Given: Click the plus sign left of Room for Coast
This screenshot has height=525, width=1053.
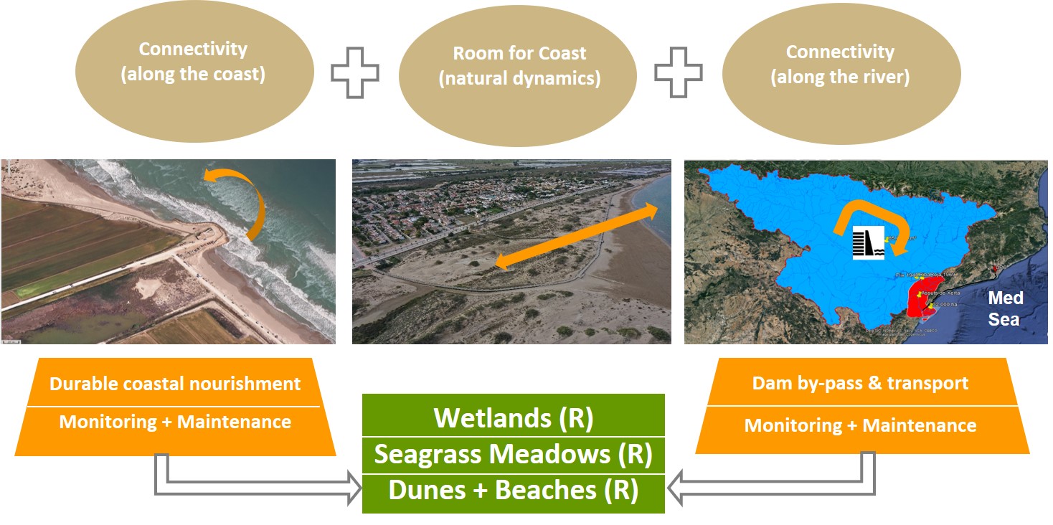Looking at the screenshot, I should point(355,73).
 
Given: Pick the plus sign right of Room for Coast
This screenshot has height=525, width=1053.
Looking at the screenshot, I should point(678,73).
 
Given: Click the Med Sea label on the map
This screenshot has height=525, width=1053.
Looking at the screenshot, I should point(1005,308).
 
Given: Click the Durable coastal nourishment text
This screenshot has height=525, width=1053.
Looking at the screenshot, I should point(175,384).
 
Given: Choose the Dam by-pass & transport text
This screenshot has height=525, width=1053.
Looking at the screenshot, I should point(860,383).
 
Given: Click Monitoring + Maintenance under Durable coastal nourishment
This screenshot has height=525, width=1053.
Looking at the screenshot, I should point(175,422).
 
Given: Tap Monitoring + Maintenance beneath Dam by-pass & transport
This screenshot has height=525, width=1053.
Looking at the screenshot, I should point(860,425).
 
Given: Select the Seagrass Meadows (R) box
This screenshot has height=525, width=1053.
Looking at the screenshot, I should point(514,454).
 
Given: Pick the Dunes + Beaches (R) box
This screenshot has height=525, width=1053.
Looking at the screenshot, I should point(514,491).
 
